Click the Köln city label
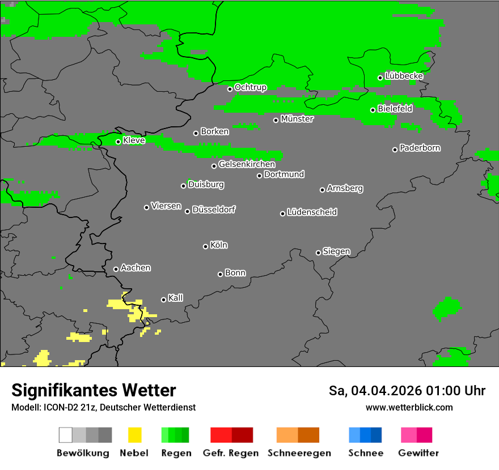point(219,245)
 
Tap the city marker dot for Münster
point(276,120)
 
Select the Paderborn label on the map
point(420,148)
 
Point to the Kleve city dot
point(119,142)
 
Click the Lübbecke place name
point(404,76)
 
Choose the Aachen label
point(136,268)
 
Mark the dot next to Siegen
point(318,253)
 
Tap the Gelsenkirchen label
point(247,164)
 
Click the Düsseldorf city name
point(214,210)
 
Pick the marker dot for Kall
point(164,300)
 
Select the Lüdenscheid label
point(312,212)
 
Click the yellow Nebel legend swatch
point(134,435)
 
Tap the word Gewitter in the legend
point(418,453)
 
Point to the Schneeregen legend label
point(299,453)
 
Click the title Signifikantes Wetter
point(94,390)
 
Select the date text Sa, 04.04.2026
point(373,391)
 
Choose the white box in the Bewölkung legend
point(66,435)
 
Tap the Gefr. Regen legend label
point(231,453)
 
